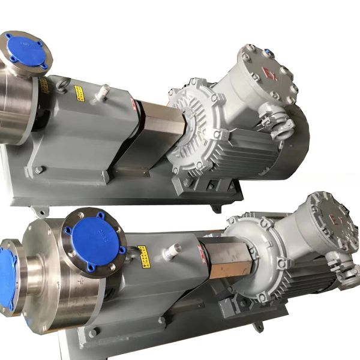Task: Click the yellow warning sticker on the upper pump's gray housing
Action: click(79, 93)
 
